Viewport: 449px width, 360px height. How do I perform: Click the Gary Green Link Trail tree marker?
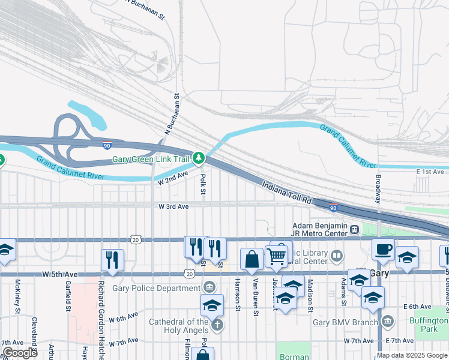click(x=199, y=159)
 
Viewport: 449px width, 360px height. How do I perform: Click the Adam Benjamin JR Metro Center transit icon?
click(x=355, y=229)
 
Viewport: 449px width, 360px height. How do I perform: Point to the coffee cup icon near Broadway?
click(x=383, y=248)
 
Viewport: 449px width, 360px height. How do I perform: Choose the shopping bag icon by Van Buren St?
click(x=252, y=259)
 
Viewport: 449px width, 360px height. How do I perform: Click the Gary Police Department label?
click(x=157, y=288)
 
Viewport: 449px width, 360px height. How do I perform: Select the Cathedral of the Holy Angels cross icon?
click(x=217, y=325)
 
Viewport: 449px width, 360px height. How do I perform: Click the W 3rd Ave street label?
click(x=173, y=206)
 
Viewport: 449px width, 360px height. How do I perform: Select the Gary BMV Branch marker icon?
click(x=387, y=322)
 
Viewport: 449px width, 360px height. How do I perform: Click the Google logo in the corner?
click(x=20, y=353)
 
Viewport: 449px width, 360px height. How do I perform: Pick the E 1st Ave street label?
click(x=430, y=172)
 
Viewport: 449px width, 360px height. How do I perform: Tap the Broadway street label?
click(x=378, y=188)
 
